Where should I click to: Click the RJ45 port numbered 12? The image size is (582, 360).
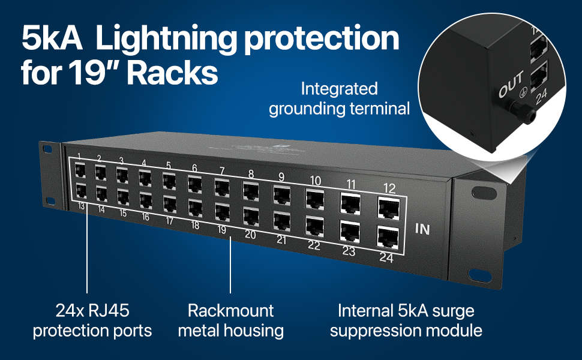[389, 208]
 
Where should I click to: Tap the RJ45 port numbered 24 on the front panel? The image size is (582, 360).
[388, 237]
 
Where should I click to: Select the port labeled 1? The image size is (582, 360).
[80, 170]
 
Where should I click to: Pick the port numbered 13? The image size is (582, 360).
[81, 191]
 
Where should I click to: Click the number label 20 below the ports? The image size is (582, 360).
[250, 235]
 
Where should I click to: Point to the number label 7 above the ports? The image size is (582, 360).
[222, 171]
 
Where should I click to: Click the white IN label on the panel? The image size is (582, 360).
[422, 229]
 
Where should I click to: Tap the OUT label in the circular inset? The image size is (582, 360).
[511, 84]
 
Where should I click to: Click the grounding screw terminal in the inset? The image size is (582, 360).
[523, 112]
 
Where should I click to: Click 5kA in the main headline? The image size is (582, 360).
[52, 37]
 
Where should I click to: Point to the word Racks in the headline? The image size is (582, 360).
[173, 73]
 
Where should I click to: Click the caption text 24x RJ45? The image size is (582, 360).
[92, 311]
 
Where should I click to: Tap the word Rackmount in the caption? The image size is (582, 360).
[230, 311]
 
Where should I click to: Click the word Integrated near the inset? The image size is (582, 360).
[339, 89]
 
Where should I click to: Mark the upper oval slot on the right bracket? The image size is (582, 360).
[484, 193]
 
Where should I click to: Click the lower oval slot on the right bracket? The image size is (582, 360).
[480, 275]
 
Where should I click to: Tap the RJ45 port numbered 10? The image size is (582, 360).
[315, 199]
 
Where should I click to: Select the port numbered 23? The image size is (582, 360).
[350, 232]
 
